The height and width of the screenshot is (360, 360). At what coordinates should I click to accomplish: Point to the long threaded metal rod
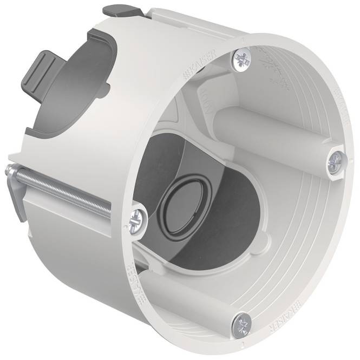click(x=65, y=184)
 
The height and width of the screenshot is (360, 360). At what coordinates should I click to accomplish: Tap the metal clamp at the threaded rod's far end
click(x=14, y=184)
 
